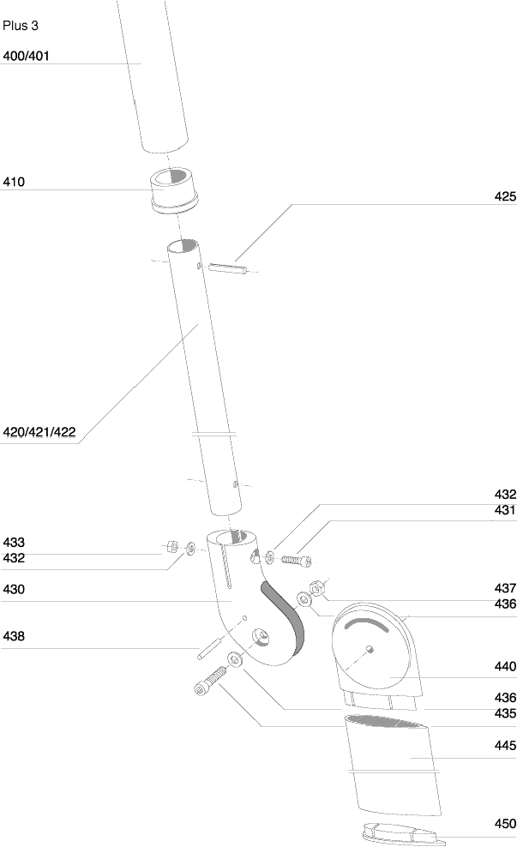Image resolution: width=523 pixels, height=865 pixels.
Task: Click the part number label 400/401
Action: point(26,56)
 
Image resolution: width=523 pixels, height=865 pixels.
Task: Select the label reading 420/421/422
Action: point(39,431)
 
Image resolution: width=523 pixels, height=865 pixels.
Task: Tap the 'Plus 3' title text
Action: point(21,26)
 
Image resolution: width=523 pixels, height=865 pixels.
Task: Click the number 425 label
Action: point(505,196)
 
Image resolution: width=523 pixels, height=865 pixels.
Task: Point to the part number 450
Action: point(505,824)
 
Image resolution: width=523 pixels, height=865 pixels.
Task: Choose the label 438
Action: point(14,636)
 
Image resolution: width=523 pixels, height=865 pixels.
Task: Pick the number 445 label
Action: point(505,745)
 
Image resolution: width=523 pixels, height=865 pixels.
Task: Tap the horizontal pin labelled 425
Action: point(227,268)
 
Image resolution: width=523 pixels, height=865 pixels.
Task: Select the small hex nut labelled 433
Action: point(171,547)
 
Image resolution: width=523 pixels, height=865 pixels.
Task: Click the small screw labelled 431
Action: point(297,560)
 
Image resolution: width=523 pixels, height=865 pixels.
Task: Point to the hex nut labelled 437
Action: point(317,588)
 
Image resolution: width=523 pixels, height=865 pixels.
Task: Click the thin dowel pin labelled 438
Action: point(209,649)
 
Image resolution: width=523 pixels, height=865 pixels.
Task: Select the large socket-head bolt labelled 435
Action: point(210,681)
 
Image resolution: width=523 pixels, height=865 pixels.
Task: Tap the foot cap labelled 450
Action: point(404,834)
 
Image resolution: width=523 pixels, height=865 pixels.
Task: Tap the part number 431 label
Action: point(505,510)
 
